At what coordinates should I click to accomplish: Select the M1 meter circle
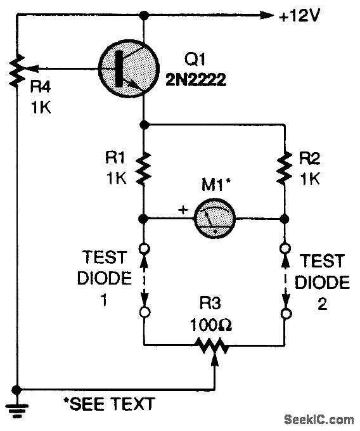click(x=214, y=219)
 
